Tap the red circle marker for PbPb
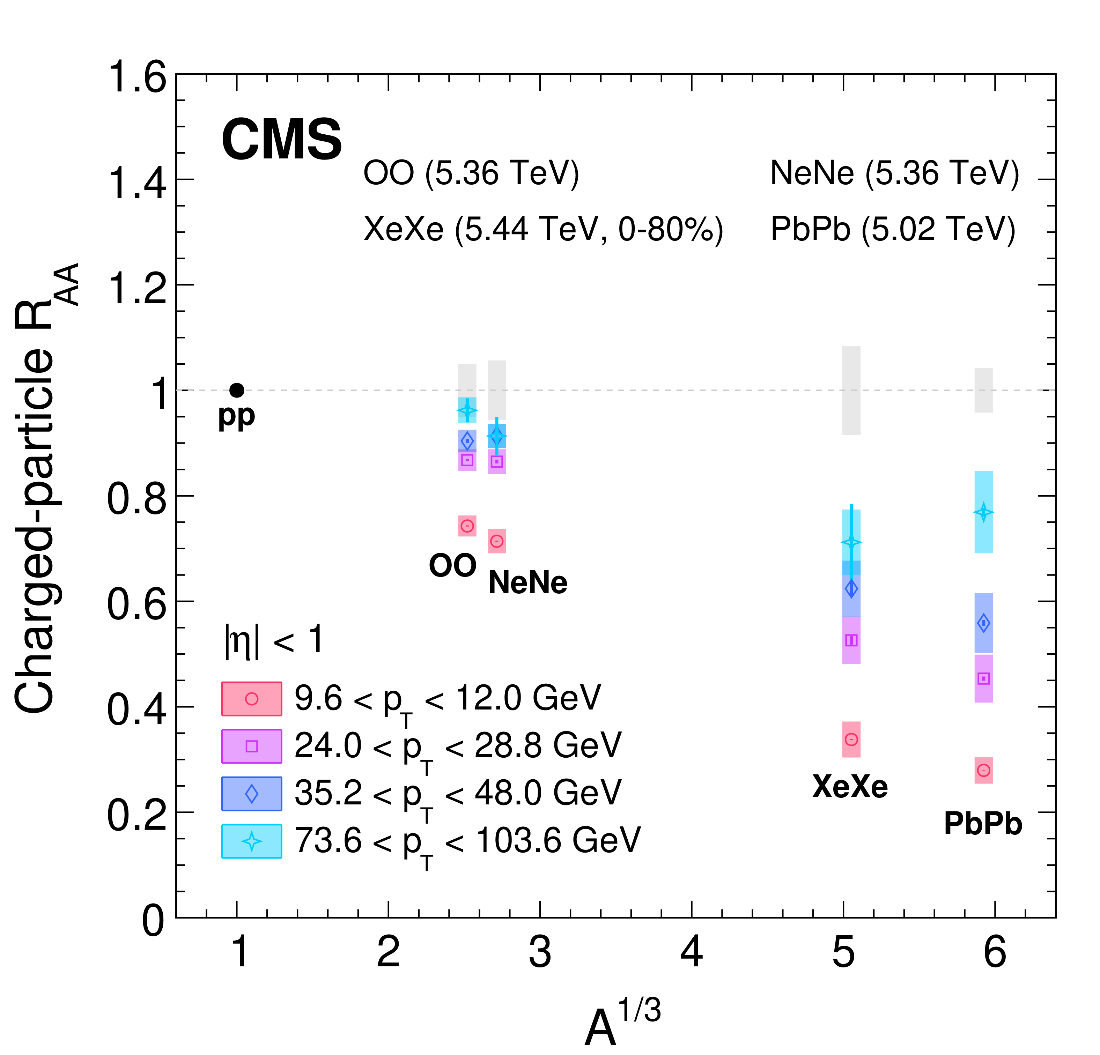point(983,770)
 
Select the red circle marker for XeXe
point(851,740)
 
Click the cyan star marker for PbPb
point(983,512)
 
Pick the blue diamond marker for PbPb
point(983,623)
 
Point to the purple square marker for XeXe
point(851,640)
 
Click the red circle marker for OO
point(467,526)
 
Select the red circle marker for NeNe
point(497,541)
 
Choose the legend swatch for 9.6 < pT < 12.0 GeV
point(251,699)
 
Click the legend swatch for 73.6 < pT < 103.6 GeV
point(251,841)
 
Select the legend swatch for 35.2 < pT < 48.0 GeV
point(251,794)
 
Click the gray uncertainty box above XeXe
point(851,390)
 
